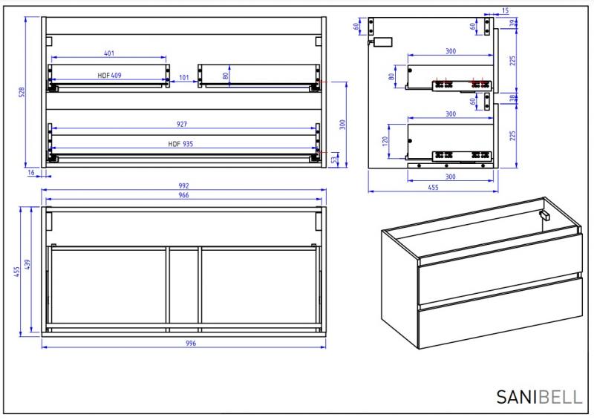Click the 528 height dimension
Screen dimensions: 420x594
point(22,93)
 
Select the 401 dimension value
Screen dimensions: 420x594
point(109,53)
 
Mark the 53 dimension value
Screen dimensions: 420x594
point(335,160)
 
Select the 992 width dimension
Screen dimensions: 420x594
point(183,186)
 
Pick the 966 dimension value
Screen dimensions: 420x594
point(183,195)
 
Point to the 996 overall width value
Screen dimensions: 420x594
point(183,344)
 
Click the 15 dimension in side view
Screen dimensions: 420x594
point(505,11)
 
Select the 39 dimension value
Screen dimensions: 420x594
point(514,24)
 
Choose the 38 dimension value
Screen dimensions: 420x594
point(514,98)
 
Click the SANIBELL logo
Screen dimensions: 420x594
point(539,397)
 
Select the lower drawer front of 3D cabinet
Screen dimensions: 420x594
point(499,318)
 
